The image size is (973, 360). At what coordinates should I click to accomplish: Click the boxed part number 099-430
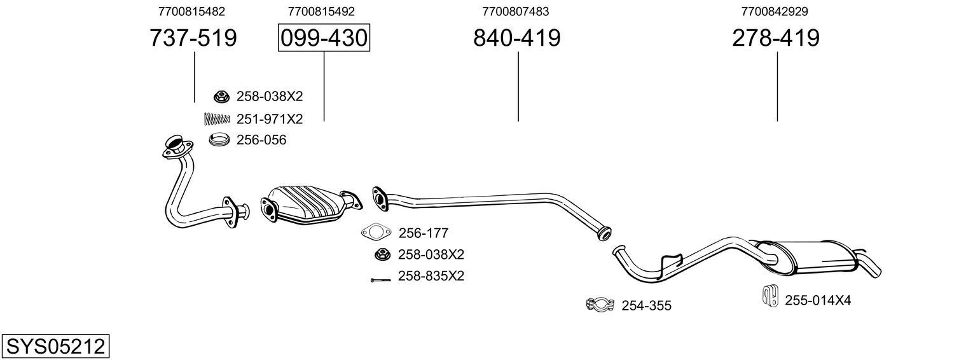pyautogui.click(x=324, y=38)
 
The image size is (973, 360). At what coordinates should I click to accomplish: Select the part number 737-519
pyautogui.click(x=193, y=38)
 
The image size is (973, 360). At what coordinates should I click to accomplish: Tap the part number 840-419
pyautogui.click(x=516, y=38)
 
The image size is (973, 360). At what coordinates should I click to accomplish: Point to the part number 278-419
pyautogui.click(x=775, y=38)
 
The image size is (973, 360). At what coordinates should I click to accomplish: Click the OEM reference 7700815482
pyautogui.click(x=191, y=11)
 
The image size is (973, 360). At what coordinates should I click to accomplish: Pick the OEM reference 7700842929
pyautogui.click(x=775, y=11)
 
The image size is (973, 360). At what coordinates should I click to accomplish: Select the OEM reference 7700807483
pyautogui.click(x=516, y=11)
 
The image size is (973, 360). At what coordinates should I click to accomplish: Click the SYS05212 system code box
pyautogui.click(x=55, y=347)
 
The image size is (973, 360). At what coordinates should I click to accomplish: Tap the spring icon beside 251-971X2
pyautogui.click(x=217, y=118)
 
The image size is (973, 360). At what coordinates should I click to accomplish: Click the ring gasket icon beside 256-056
pyautogui.click(x=219, y=139)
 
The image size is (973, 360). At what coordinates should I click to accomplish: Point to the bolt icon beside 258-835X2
pyautogui.click(x=380, y=279)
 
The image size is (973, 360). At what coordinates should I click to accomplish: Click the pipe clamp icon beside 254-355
pyautogui.click(x=599, y=305)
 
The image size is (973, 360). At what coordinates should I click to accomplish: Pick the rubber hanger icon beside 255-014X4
pyautogui.click(x=770, y=298)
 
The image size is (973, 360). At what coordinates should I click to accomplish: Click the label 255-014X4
pyautogui.click(x=817, y=300)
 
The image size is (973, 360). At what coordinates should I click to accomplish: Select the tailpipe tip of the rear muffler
pyautogui.click(x=872, y=266)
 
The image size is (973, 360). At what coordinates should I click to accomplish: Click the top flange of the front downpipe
pyautogui.click(x=174, y=146)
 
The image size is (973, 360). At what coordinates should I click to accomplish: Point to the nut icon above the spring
pyautogui.click(x=221, y=97)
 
